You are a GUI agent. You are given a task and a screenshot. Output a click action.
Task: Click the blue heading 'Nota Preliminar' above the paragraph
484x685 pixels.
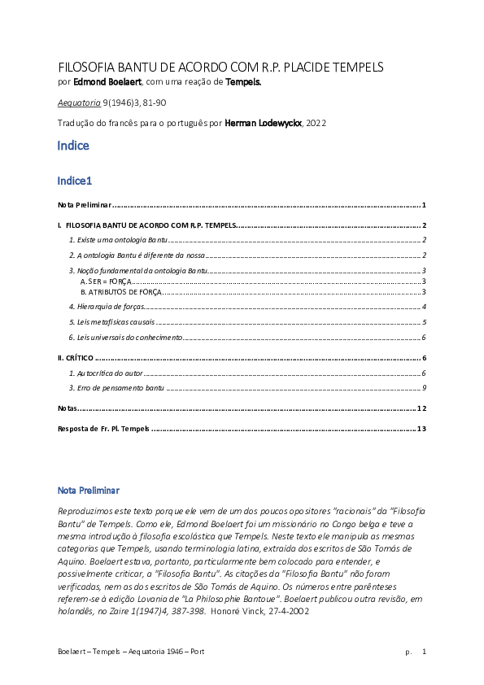point(88,491)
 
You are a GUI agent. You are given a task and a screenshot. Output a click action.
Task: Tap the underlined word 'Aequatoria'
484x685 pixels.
point(79,103)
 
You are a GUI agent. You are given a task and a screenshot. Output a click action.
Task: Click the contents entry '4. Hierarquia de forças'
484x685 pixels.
point(107,307)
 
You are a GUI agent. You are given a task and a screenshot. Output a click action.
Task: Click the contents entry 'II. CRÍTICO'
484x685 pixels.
point(76,357)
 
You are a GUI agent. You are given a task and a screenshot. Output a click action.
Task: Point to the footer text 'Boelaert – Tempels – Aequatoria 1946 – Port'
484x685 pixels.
point(131,652)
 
